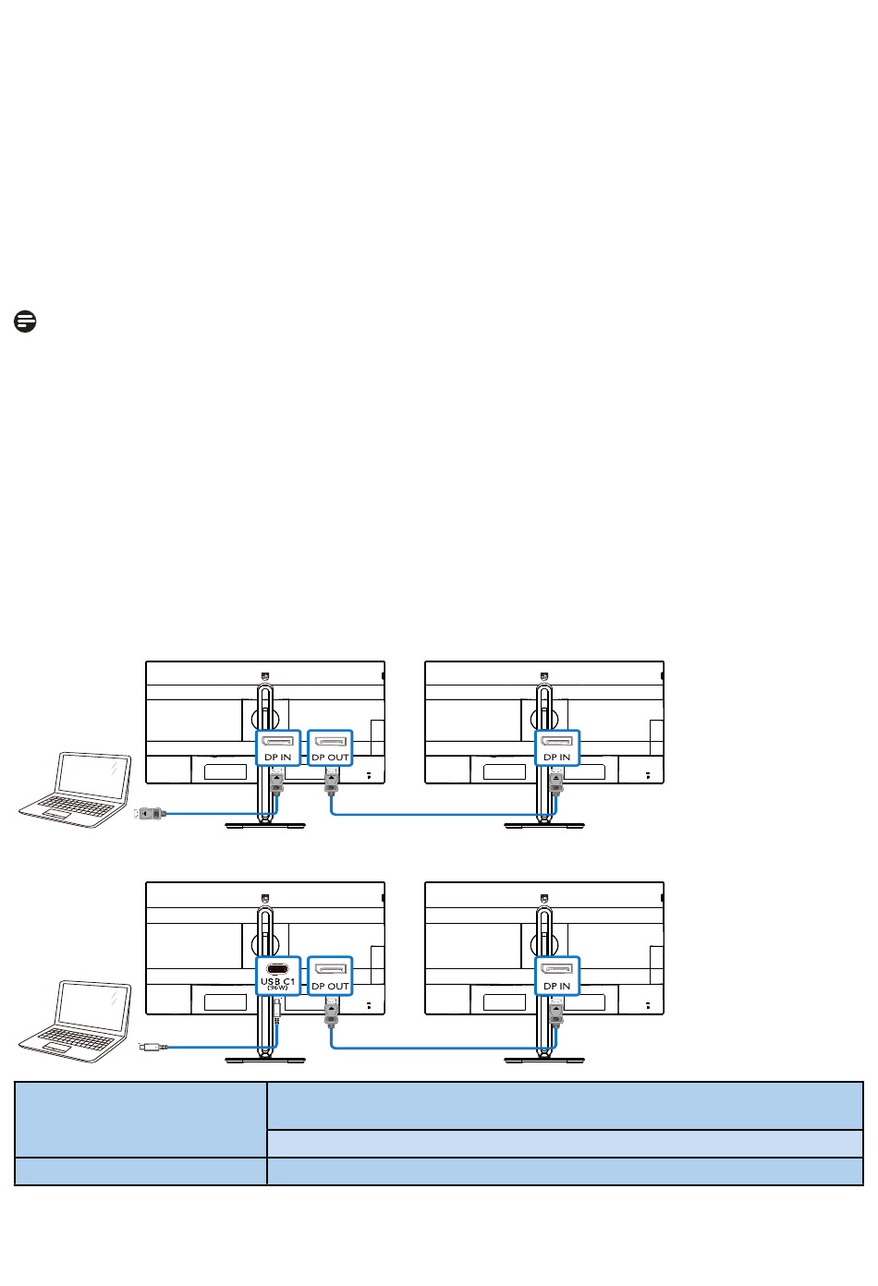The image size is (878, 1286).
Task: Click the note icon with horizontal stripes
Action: (26, 321)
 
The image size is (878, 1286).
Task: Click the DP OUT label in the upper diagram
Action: (330, 758)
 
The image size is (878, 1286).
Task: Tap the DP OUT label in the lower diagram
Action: (330, 986)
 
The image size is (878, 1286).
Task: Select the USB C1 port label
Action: (277, 983)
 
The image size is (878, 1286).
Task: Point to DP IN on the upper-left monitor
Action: (277, 758)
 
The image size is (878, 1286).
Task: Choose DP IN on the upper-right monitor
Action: (556, 758)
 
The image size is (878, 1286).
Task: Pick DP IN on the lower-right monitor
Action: (556, 986)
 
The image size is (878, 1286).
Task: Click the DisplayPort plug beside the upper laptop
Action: (150, 813)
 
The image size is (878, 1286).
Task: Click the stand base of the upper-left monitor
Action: (265, 825)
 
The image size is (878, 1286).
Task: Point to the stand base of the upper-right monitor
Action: (543, 825)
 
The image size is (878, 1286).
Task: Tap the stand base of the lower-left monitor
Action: (265, 1060)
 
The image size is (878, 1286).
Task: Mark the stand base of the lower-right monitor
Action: (543, 1060)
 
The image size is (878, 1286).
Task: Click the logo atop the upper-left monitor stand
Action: (265, 676)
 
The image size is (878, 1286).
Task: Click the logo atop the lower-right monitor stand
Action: (543, 897)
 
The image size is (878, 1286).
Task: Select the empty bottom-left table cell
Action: (140, 1171)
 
